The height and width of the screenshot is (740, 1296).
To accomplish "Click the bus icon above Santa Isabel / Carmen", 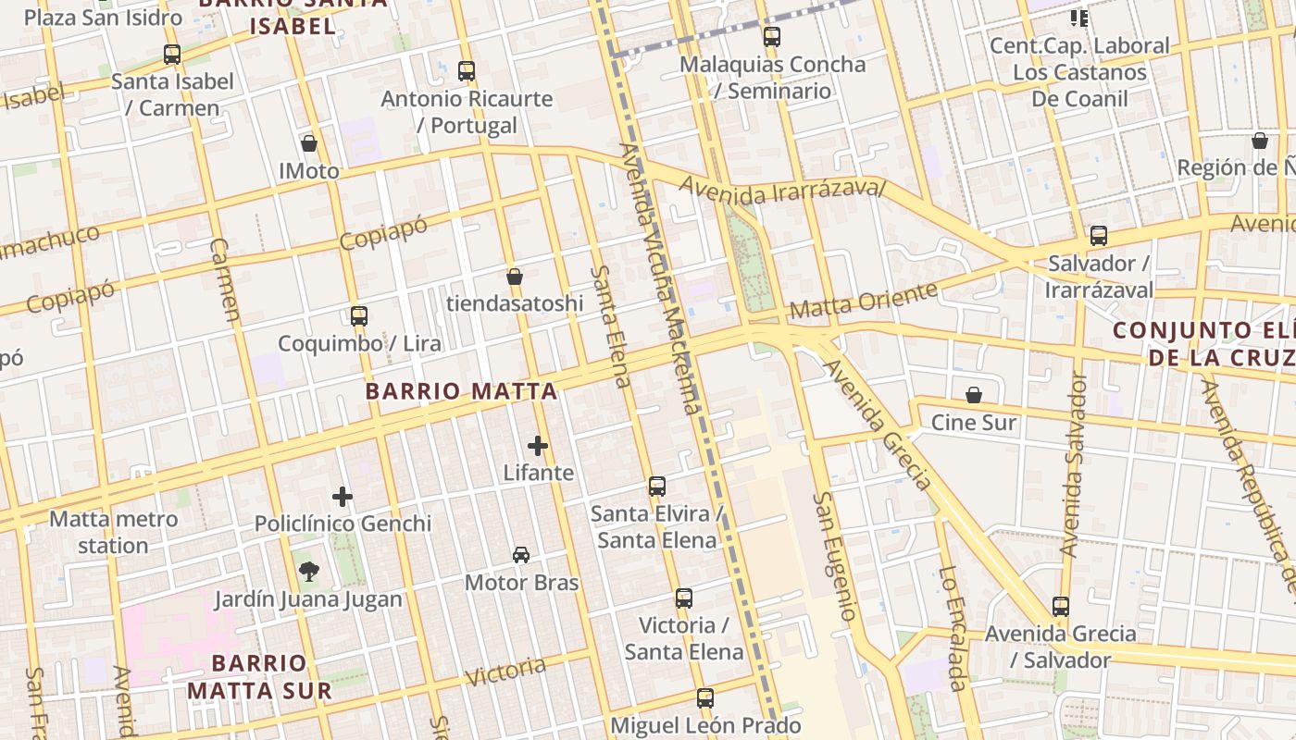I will [x=172, y=54].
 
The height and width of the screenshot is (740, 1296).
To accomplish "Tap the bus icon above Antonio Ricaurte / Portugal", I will [x=467, y=70].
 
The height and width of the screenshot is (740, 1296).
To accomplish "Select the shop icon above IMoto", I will [x=309, y=143].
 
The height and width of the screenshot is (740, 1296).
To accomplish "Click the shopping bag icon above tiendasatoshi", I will [x=515, y=277].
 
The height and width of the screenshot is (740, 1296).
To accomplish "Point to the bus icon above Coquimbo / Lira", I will [x=359, y=315].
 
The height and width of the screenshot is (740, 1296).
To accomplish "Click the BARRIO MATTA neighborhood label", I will [x=461, y=391].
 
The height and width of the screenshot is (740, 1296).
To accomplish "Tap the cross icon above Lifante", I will [x=538, y=446].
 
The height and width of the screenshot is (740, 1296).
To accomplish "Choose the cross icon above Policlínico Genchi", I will [x=343, y=497].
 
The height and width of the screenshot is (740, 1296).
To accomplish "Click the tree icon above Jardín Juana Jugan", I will [x=308, y=572].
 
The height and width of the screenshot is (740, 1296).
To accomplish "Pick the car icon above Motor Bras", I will [x=521, y=555].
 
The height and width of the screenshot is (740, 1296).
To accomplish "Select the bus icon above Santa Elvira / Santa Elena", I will [x=657, y=486].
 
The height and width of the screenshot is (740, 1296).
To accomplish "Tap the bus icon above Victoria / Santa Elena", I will [x=684, y=598].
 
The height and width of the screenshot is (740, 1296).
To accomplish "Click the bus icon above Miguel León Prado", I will [x=705, y=697].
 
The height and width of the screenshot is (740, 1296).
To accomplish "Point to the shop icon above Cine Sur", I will [x=974, y=396].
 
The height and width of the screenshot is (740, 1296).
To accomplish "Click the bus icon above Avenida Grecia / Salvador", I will [x=1061, y=607].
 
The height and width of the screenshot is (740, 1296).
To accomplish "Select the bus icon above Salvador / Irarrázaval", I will [x=1099, y=236].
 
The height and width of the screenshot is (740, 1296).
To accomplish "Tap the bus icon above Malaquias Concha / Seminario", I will [x=772, y=37].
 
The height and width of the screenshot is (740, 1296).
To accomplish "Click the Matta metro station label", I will [x=113, y=532].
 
